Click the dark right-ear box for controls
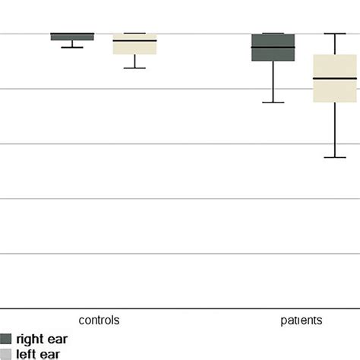click(72, 36)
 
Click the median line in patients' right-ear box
click(273, 48)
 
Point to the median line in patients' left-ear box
click(335, 78)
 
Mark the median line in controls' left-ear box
click(134, 40)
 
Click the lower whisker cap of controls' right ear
click(72, 48)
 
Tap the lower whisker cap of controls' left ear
click(134, 68)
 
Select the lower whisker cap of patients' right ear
click(273, 103)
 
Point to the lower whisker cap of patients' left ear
click(335, 157)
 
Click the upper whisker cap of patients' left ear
click(335, 33)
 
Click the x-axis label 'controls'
click(99, 321)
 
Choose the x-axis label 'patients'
click(297, 321)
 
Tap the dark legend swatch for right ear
click(6, 339)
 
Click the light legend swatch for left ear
click(6, 353)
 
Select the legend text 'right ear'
click(38, 339)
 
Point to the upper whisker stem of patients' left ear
click(335, 44)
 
